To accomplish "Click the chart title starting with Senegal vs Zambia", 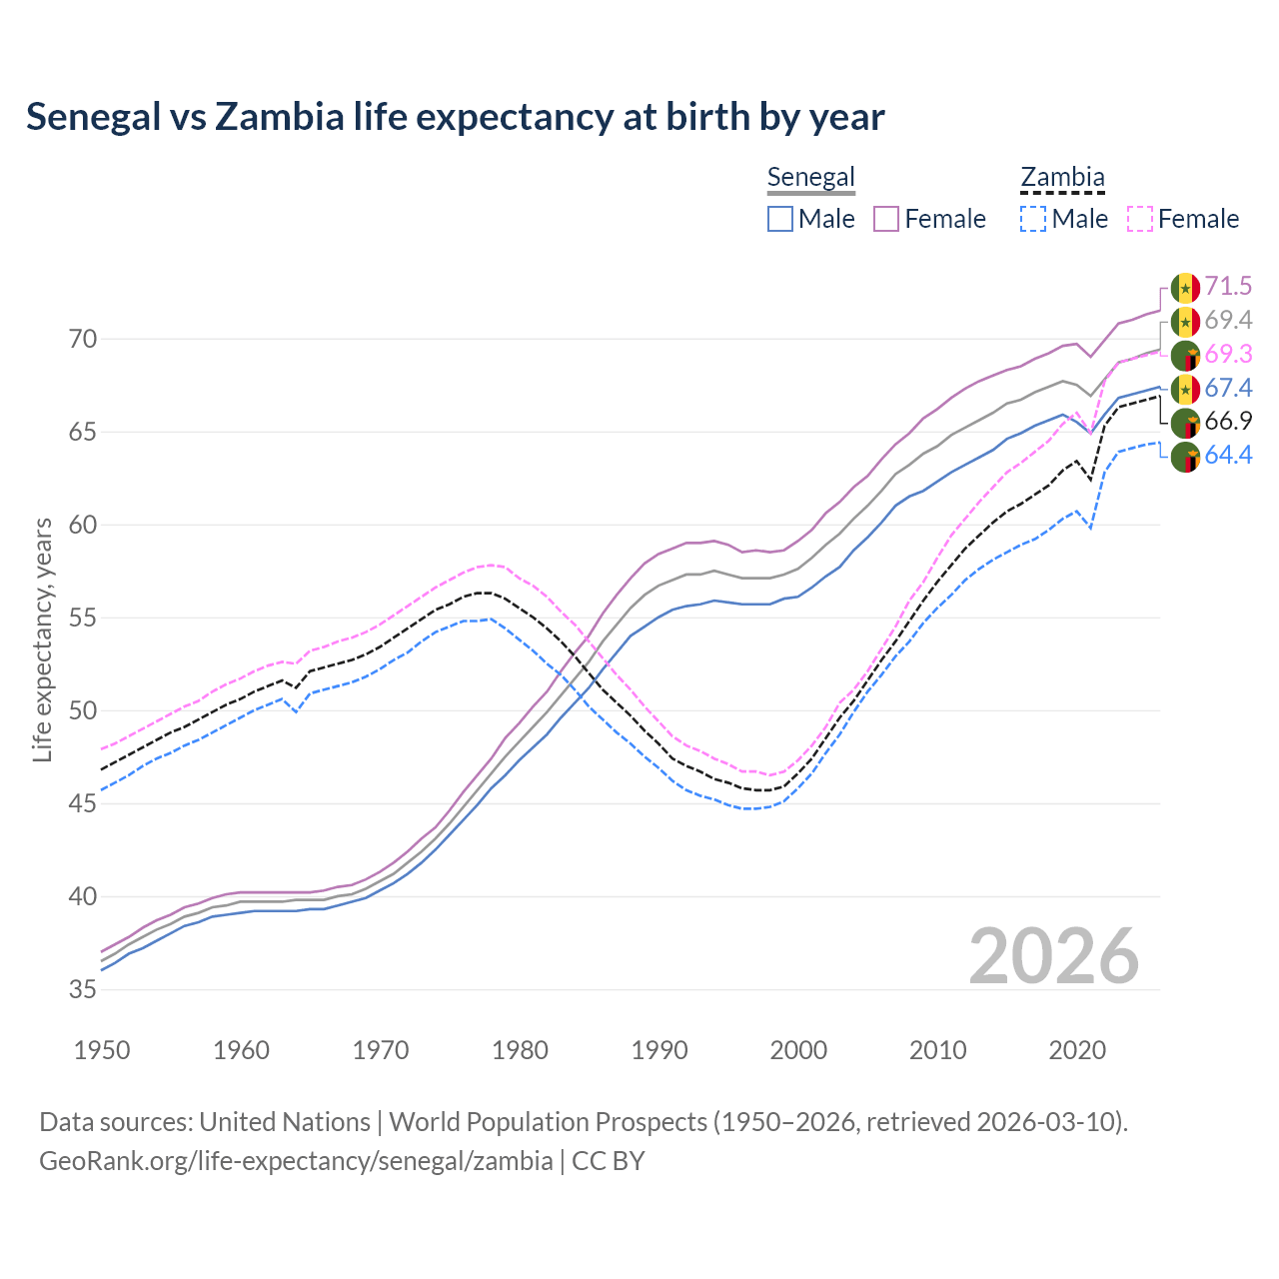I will click(455, 117).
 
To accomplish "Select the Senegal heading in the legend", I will click(810, 177).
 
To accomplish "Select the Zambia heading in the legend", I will click(1062, 177).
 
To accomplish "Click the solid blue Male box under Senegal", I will click(780, 219).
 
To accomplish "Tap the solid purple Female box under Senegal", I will click(887, 219).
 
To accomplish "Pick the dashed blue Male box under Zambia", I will click(1033, 219).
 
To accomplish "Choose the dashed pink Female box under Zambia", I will click(1140, 219).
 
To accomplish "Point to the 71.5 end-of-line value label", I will click(1228, 287).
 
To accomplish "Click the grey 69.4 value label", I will click(1228, 321).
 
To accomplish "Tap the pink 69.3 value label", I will click(1228, 355).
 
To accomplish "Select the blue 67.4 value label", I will click(1228, 389).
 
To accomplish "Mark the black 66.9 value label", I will click(1228, 422).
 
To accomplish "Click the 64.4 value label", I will click(1228, 456).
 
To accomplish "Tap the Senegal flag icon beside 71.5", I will click(1185, 288).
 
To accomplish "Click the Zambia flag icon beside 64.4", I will click(1185, 457).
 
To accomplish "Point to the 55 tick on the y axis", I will click(83, 619).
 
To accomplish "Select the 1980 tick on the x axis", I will click(520, 1050).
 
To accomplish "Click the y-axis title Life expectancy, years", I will click(43, 639).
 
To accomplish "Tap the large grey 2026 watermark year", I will click(1053, 956).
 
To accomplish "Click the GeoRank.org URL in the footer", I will click(296, 1161).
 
